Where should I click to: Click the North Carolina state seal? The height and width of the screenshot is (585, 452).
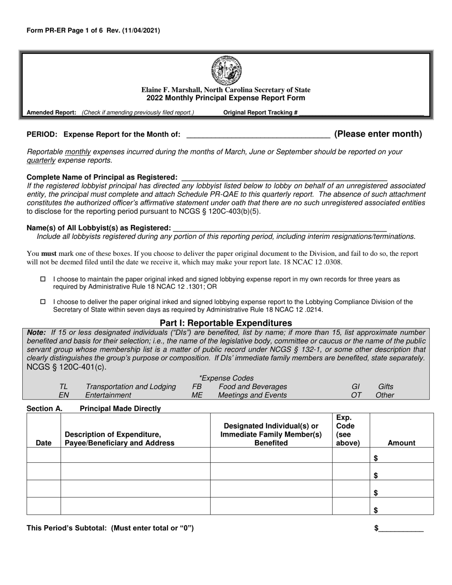click(226, 70)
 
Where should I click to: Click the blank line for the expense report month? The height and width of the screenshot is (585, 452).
click(258, 135)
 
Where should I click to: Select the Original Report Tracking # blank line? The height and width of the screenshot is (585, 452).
click(362, 113)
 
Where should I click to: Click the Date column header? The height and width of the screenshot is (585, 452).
click(43, 443)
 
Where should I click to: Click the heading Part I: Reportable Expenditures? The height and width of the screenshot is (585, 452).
click(226, 323)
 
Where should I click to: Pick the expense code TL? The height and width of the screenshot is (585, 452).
click(63, 387)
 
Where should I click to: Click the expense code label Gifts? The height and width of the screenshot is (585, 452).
click(385, 387)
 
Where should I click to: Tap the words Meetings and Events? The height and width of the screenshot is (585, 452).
click(252, 395)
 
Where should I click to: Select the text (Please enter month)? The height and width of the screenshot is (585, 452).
click(378, 134)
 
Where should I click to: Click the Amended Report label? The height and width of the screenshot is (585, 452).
click(51, 113)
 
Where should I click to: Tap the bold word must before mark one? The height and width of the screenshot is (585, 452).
click(49, 253)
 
